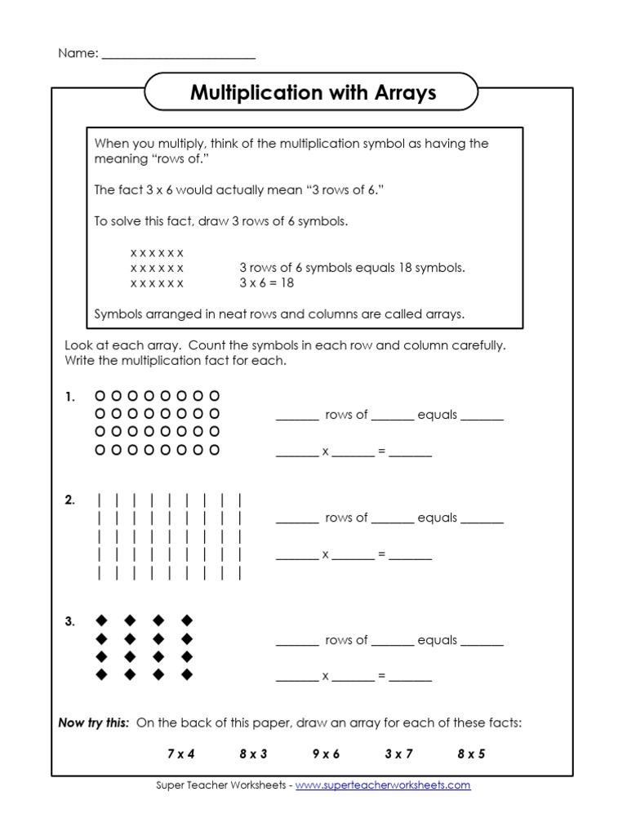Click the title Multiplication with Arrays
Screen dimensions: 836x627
pyautogui.click(x=313, y=93)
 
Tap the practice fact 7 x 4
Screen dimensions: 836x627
pyautogui.click(x=181, y=754)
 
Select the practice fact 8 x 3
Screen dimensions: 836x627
pyautogui.click(x=253, y=754)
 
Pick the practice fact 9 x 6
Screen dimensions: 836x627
pyautogui.click(x=326, y=754)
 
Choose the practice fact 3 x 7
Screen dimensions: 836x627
pyautogui.click(x=398, y=754)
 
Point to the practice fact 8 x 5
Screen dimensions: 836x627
pyautogui.click(x=471, y=754)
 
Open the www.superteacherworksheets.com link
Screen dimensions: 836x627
pyautogui.click(x=383, y=785)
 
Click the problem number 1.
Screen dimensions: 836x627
pyautogui.click(x=70, y=397)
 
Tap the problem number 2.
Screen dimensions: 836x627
pyautogui.click(x=70, y=500)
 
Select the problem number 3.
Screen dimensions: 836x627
pyautogui.click(x=70, y=622)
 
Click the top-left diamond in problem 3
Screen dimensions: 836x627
pyautogui.click(x=102, y=620)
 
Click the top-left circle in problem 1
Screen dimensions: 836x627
pyautogui.click(x=100, y=396)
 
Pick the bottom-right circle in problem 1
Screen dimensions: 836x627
pyautogui.click(x=215, y=450)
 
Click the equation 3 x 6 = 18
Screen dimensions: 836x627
pyautogui.click(x=266, y=282)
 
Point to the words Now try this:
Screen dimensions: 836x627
pyautogui.click(x=94, y=723)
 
